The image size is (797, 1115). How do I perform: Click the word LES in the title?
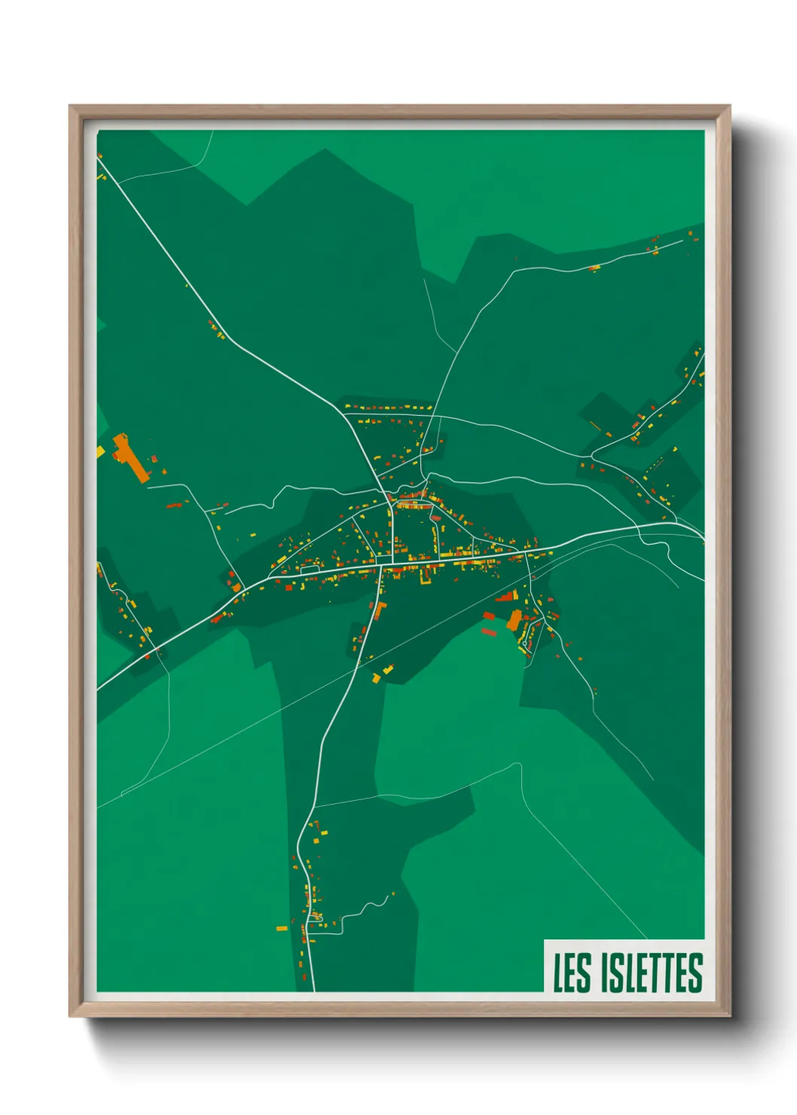[x=572, y=973]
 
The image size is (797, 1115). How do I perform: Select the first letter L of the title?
[x=559, y=973]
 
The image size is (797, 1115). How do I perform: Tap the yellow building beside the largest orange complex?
[x=100, y=451]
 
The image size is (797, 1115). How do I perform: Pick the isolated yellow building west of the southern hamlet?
[x=281, y=928]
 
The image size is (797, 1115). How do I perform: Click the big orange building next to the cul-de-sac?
[x=515, y=620]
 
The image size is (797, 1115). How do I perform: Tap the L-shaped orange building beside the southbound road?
[x=380, y=609]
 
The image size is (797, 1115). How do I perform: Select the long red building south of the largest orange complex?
[x=173, y=505]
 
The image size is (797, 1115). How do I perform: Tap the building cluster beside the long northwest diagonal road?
[x=216, y=329]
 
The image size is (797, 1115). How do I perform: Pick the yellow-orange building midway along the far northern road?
[x=594, y=267]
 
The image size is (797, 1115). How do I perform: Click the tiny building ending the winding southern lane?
[x=392, y=894]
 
